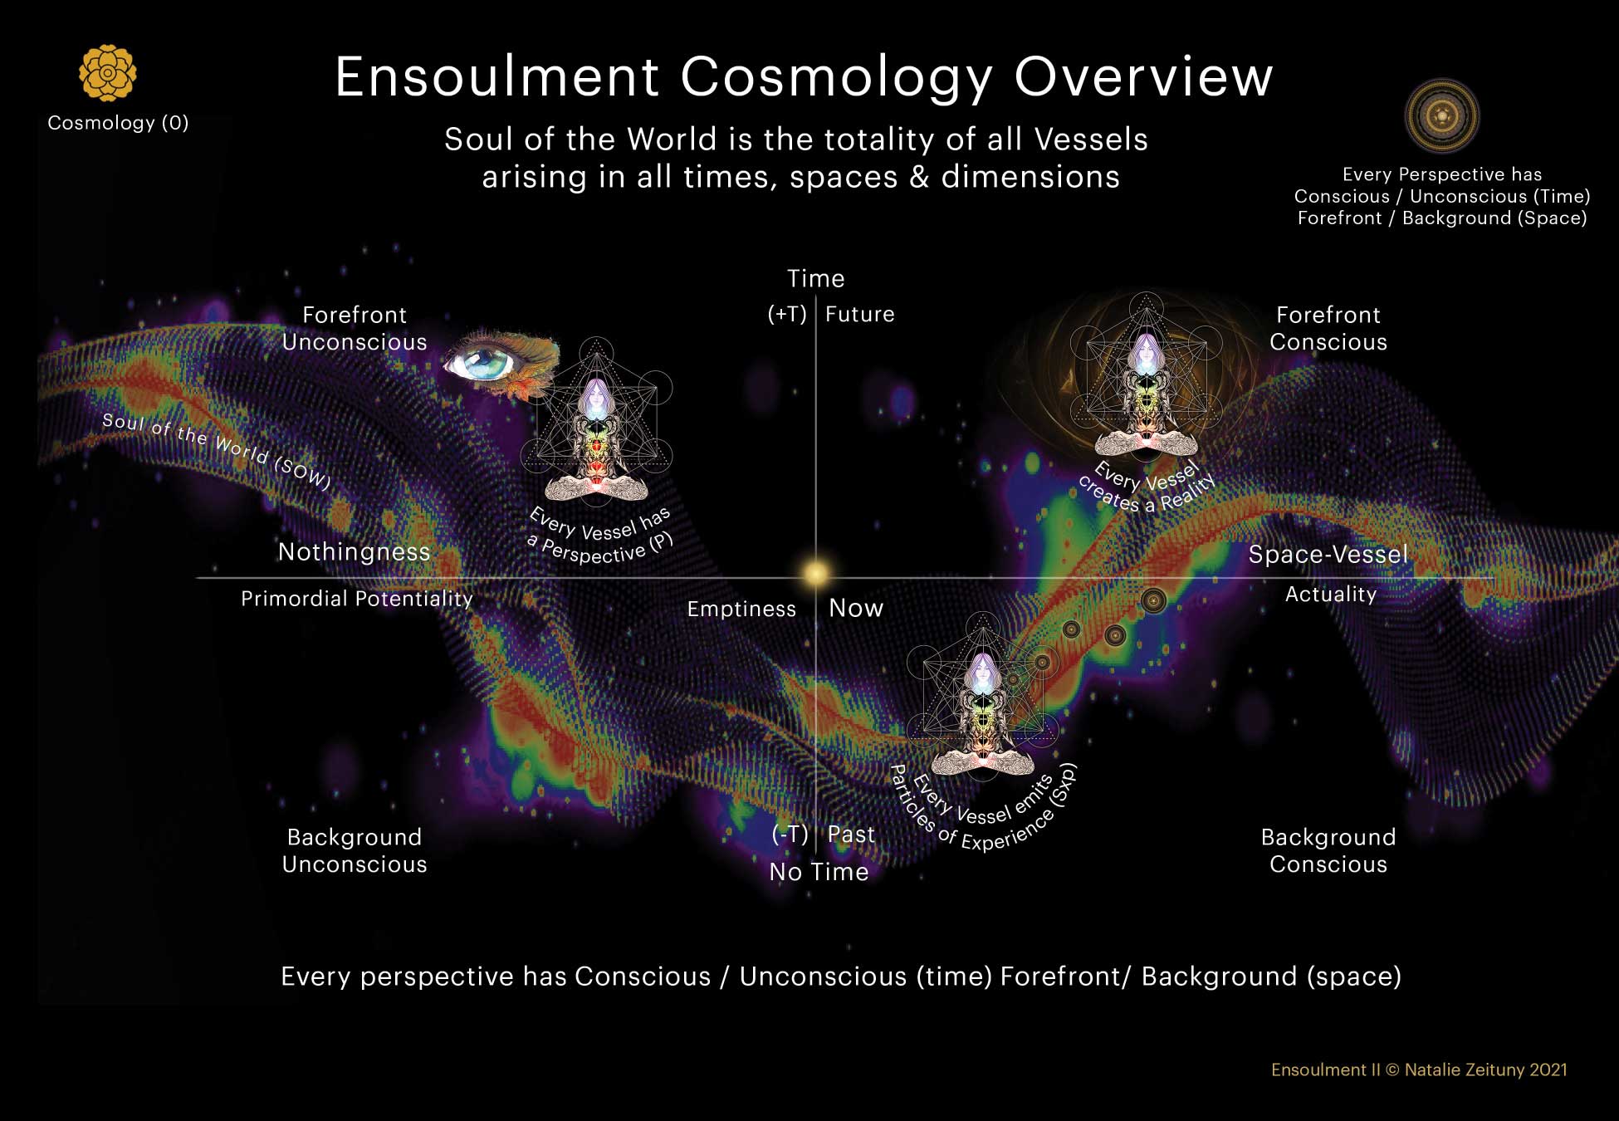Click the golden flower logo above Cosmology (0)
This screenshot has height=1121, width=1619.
[x=108, y=73]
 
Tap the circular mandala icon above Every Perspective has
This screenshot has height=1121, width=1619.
[x=1442, y=116]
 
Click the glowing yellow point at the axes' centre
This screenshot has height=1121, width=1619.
[x=816, y=573]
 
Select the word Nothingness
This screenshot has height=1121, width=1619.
[x=355, y=551]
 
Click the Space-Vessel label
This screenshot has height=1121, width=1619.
[x=1328, y=554]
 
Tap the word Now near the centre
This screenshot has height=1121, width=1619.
[x=856, y=608]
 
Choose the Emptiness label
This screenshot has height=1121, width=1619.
[x=741, y=609]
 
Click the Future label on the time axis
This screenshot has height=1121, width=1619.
[x=860, y=314]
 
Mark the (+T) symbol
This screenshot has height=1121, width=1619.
[x=787, y=314]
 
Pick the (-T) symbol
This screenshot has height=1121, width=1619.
[x=790, y=834]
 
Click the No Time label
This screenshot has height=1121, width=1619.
[x=819, y=872]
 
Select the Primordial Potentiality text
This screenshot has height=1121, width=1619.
[x=357, y=599]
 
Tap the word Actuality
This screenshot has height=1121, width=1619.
[x=1331, y=594]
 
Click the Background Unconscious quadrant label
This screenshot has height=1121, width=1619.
[x=355, y=850]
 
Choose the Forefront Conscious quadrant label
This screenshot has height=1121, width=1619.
[x=1328, y=328]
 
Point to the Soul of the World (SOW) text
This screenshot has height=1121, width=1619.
[x=217, y=451]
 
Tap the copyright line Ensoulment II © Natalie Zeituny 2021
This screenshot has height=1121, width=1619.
[x=1419, y=1070]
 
